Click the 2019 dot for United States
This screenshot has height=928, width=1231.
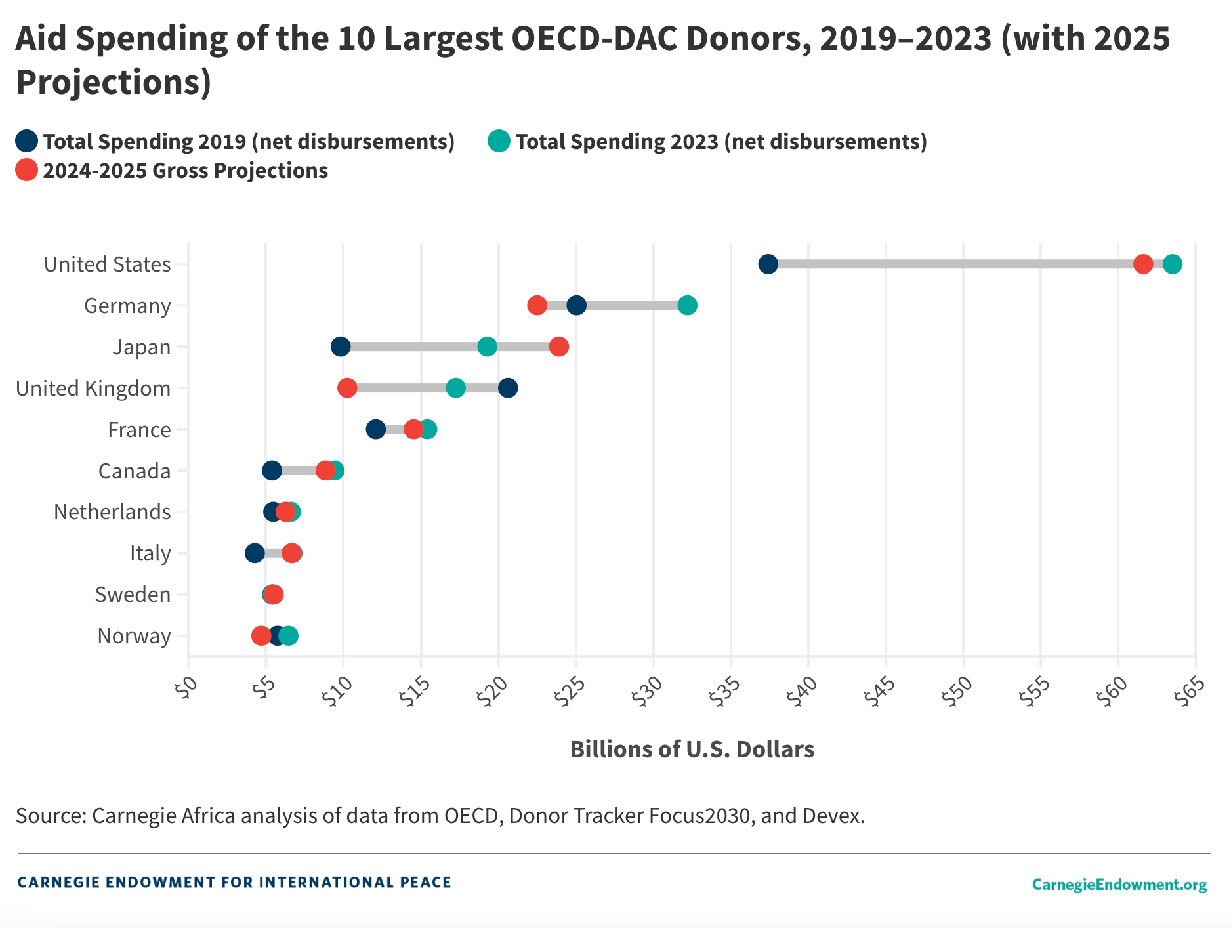point(768,264)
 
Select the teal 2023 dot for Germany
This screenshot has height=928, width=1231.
point(687,305)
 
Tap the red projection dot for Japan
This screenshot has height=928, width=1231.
point(558,347)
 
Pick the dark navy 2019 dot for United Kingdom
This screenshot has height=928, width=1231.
point(507,388)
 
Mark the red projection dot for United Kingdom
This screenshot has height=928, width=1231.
point(347,388)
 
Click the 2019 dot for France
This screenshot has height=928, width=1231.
point(375,429)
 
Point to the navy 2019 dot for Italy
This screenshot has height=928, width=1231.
point(255,553)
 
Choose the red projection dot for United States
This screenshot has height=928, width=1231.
point(1143,264)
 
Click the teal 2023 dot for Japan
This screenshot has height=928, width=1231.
point(487,347)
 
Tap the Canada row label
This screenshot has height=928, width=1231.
point(134,471)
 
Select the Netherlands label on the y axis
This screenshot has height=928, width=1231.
point(112,512)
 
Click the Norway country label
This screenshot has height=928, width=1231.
point(134,636)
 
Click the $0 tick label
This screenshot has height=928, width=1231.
point(185,689)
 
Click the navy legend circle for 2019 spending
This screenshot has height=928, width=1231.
point(27,141)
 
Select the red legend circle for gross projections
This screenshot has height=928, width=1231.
point(27,170)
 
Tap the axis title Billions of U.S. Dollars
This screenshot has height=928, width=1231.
point(692,749)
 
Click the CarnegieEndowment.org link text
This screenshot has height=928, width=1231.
point(1119,885)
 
